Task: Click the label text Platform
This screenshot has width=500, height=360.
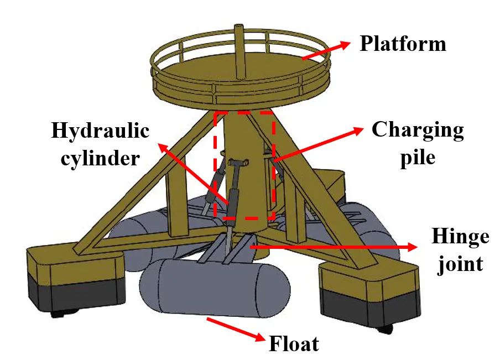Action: [403, 44]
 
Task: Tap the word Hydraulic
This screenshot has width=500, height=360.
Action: [100, 131]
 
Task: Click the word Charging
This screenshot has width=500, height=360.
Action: [418, 131]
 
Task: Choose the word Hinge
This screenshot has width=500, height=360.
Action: [460, 237]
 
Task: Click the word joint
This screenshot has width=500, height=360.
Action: [460, 263]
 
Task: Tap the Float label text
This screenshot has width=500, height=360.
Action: [294, 344]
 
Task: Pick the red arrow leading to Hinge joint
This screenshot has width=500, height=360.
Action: [332, 247]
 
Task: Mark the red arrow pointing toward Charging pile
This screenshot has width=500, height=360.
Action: [318, 145]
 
